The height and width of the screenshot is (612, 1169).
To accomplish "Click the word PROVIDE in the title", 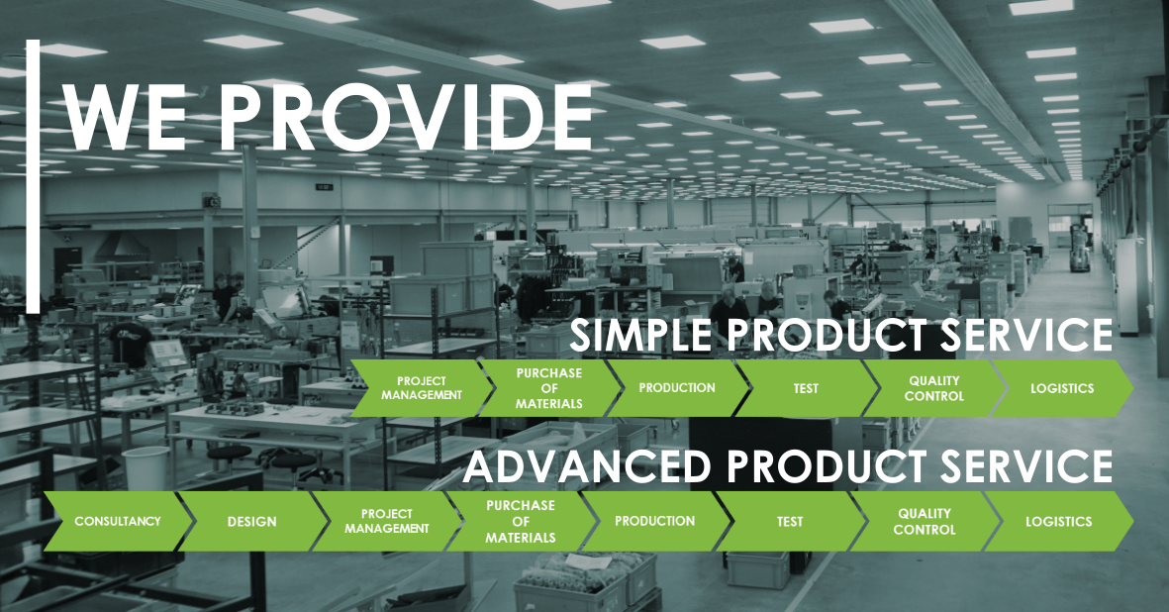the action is [405, 117].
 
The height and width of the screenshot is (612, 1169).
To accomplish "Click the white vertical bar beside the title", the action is [33, 176].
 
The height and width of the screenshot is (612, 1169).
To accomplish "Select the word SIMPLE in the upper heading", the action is [640, 335].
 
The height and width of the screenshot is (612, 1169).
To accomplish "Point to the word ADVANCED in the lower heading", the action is [587, 466].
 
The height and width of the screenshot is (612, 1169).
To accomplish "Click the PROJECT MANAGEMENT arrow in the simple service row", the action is [422, 388].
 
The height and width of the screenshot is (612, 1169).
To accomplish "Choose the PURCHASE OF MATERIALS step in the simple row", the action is [548, 388].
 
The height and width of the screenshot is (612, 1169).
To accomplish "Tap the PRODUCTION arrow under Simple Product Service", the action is [677, 388].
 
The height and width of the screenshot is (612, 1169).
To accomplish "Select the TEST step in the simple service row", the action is [805, 388].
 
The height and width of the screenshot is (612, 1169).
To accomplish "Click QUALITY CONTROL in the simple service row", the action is [933, 388].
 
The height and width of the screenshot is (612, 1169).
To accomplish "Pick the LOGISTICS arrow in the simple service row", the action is [1062, 388].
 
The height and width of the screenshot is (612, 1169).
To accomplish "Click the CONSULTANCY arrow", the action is [118, 521].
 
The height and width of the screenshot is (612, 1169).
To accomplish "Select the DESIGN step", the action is [252, 521].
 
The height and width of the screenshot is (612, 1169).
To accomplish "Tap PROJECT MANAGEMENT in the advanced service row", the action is [386, 521].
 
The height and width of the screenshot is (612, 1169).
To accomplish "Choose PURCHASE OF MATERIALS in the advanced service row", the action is [521, 521].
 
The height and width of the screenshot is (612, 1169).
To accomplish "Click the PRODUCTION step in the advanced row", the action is [654, 521].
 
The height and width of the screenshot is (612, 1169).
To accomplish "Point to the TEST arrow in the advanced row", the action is [790, 521].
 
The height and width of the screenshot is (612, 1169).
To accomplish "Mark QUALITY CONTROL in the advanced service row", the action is [924, 521].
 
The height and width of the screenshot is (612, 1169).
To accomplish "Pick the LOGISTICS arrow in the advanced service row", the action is [1059, 521].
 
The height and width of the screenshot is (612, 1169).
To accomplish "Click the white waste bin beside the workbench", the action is [146, 468].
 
